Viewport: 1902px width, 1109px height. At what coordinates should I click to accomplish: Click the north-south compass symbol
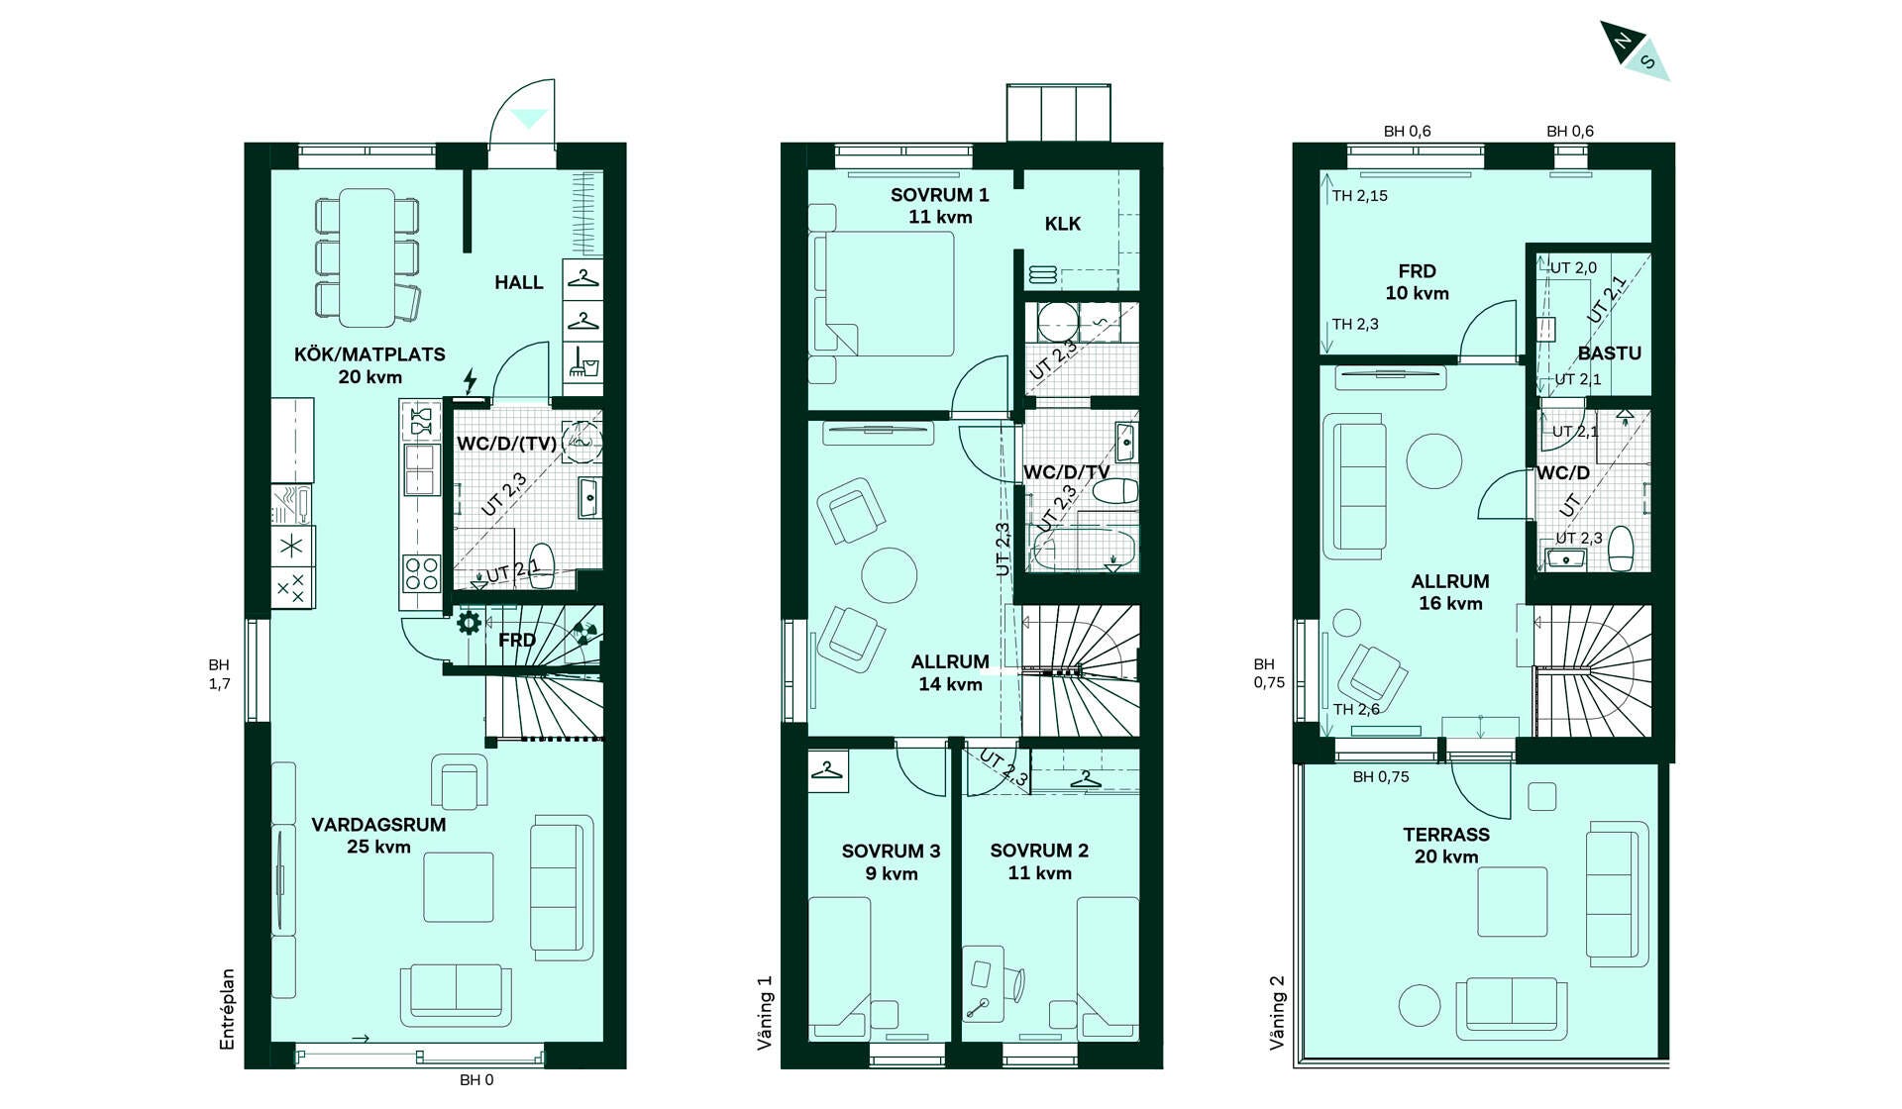tap(1635, 50)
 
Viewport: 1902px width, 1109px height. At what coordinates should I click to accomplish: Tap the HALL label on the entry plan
tap(519, 282)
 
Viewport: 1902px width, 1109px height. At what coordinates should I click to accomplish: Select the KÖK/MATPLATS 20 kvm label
tap(370, 365)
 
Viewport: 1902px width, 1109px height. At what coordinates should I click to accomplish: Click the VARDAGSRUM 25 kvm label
tap(378, 835)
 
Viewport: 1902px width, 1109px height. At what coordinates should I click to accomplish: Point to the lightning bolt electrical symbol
tap(471, 381)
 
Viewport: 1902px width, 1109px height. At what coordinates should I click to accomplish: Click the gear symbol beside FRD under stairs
tap(469, 623)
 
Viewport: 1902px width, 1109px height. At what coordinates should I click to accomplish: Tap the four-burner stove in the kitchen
tap(421, 573)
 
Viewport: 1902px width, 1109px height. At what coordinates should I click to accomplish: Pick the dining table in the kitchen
tap(368, 257)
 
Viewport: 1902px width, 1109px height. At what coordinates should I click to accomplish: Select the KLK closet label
tap(1063, 224)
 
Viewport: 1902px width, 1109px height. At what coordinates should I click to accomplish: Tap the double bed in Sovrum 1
tap(883, 294)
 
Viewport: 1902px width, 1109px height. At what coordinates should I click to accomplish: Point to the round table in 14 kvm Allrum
tap(890, 575)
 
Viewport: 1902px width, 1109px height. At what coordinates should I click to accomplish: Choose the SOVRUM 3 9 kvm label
tap(891, 861)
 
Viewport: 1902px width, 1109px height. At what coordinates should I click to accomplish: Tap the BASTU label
tap(1610, 353)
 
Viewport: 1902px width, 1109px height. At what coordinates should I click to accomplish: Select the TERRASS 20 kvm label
tap(1446, 846)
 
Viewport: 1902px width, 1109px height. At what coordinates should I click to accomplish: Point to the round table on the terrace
tap(1420, 1005)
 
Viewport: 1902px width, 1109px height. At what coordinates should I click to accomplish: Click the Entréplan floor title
tap(228, 1009)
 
